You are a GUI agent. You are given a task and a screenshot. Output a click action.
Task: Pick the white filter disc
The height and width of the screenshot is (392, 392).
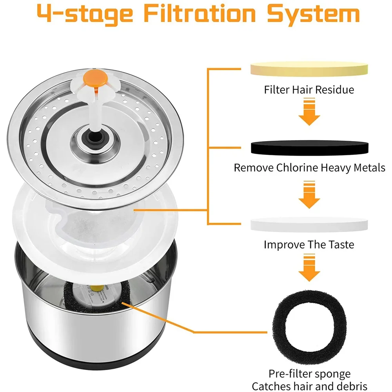(x=309, y=224)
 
